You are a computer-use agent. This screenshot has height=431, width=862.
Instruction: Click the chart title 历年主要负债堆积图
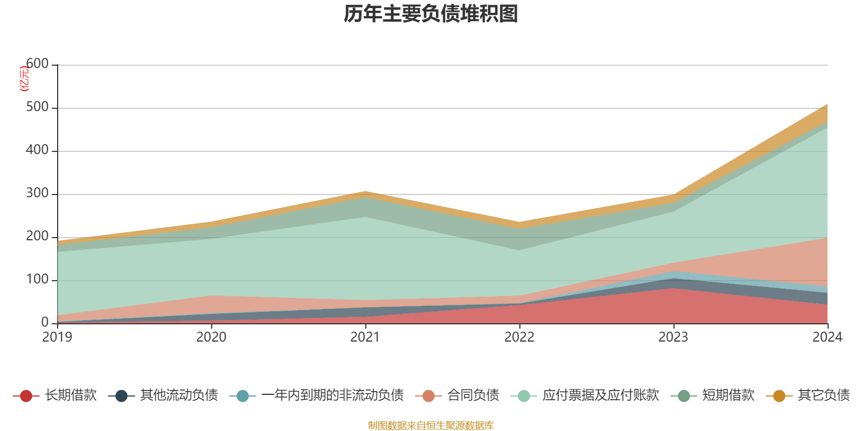pos(431,14)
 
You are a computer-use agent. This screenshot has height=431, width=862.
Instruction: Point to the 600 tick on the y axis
pos(37,64)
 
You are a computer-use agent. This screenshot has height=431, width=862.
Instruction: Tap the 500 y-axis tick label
pos(37,107)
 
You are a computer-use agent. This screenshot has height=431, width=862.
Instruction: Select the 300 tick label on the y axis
pos(37,193)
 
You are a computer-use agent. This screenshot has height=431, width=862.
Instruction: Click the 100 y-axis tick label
pos(37,280)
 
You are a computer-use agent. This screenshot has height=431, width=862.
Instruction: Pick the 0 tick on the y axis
pos(45,323)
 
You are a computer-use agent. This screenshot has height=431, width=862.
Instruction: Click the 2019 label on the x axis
pos(57,337)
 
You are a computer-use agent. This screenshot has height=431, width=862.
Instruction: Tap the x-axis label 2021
pos(365,337)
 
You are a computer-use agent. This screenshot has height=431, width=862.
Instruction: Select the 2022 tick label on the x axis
pos(519,337)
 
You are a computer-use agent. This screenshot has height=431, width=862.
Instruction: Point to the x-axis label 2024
pos(827,337)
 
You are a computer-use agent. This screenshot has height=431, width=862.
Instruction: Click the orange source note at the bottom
pos(431,426)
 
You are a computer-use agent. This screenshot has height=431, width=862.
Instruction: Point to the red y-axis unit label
pos(24,79)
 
